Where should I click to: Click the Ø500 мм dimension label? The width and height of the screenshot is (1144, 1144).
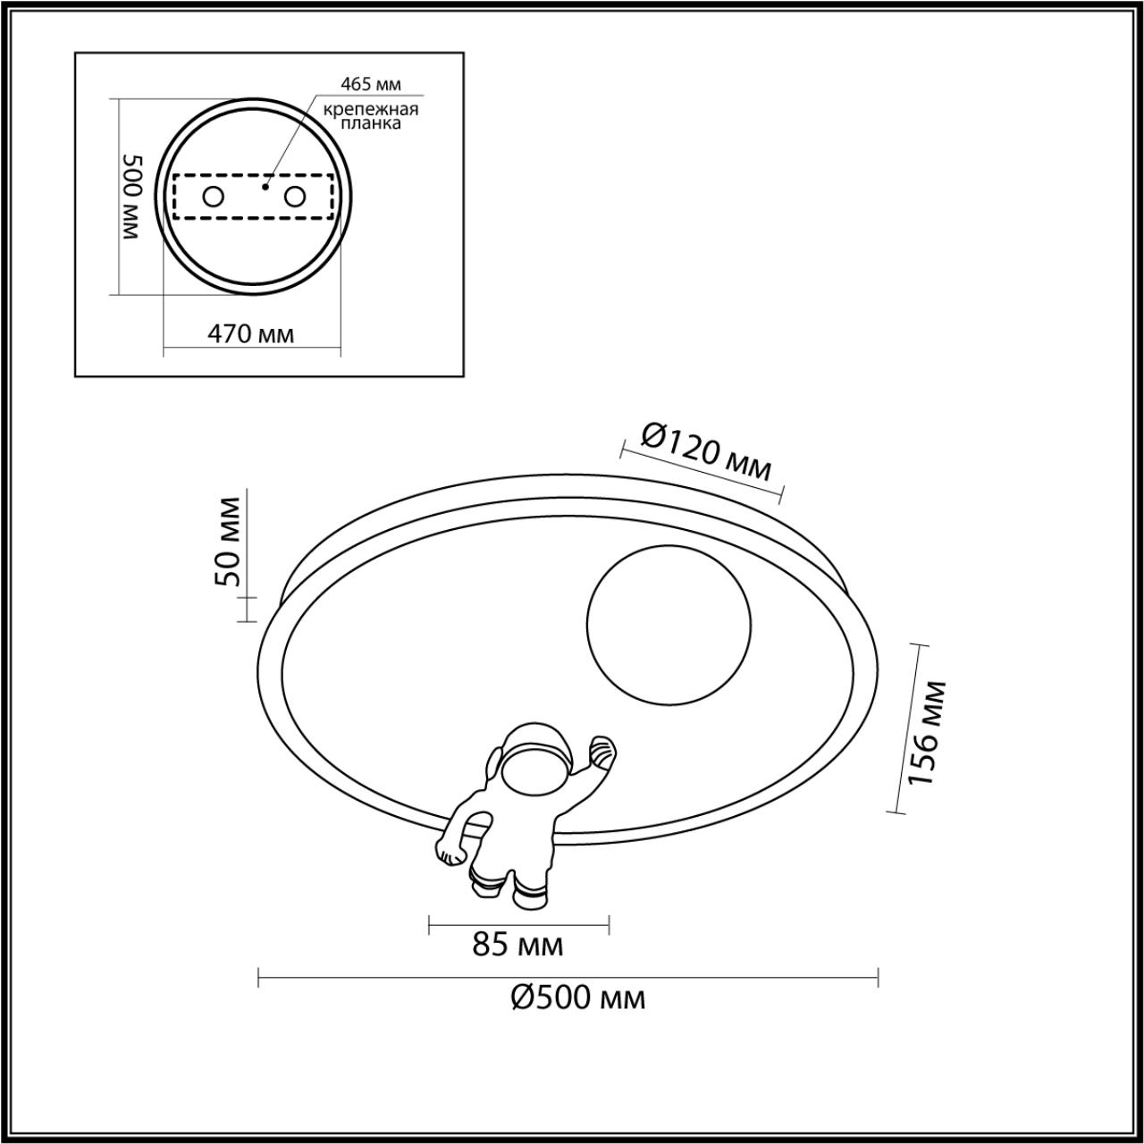[x=578, y=997]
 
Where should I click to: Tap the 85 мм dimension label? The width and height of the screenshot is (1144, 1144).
[x=518, y=944]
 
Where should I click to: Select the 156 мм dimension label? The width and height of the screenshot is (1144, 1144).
[x=926, y=732]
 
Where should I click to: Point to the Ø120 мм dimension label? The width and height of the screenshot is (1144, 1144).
[x=706, y=450]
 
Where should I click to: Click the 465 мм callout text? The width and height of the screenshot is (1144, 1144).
[x=371, y=85]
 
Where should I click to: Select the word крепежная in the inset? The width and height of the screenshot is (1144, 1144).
[x=371, y=109]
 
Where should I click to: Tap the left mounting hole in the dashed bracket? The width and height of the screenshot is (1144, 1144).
[x=213, y=197]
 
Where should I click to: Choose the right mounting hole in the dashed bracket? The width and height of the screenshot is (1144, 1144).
[x=294, y=197]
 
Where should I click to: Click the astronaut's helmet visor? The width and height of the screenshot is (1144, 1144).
[x=533, y=769]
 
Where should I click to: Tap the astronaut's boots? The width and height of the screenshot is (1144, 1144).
[x=509, y=887]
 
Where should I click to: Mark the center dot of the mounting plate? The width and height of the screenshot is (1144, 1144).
[x=265, y=188]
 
